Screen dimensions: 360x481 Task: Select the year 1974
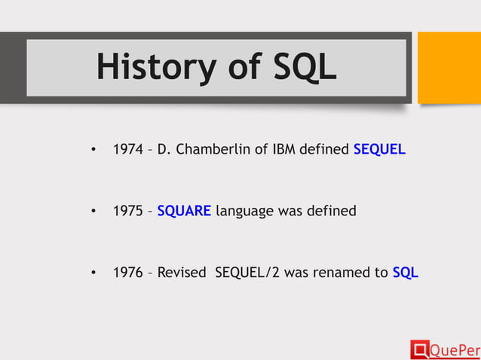(x=127, y=149)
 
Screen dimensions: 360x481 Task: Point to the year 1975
(x=127, y=211)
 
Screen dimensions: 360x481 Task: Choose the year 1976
(x=127, y=273)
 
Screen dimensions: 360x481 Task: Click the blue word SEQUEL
(x=379, y=149)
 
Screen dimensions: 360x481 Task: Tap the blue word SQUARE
(x=184, y=211)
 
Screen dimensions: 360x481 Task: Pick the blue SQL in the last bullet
(x=406, y=273)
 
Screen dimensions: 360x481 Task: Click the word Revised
(x=181, y=273)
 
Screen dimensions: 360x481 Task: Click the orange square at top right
(x=449, y=67)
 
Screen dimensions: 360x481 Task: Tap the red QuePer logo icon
(x=419, y=349)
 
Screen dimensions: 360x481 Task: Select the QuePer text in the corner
(x=454, y=349)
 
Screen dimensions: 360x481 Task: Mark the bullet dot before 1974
(x=92, y=150)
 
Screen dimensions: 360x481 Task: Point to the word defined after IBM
(x=323, y=149)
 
